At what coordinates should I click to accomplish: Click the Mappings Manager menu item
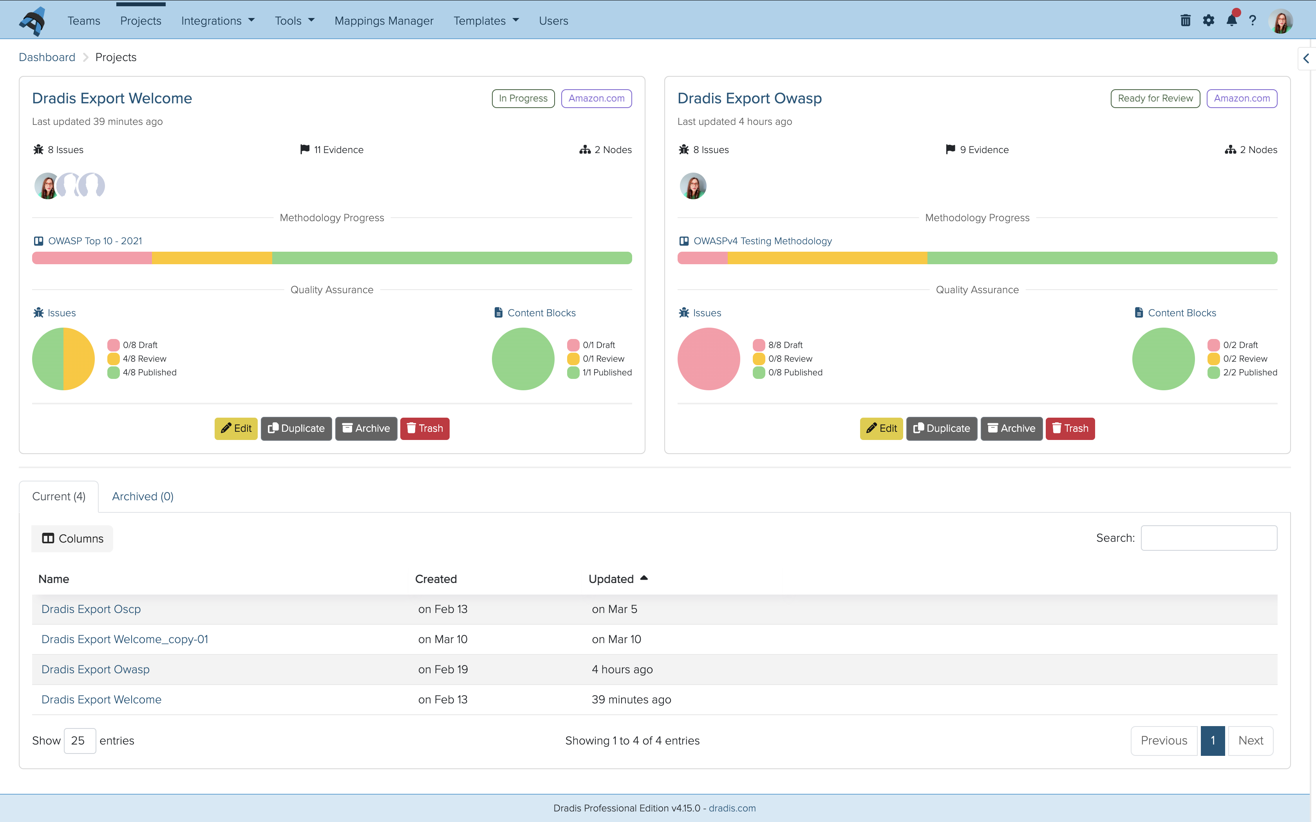pos(384,21)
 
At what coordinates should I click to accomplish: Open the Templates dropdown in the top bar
pos(486,21)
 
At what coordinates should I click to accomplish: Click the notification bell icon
pos(1231,21)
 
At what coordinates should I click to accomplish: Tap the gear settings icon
pos(1208,21)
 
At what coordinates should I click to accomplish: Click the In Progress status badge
pos(522,98)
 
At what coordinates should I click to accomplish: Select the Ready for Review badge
pos(1155,98)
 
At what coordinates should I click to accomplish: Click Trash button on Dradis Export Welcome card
pos(425,428)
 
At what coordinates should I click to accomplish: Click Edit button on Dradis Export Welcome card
pos(236,428)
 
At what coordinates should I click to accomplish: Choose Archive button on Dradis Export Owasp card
pos(1011,428)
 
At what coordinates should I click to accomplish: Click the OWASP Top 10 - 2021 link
pos(95,241)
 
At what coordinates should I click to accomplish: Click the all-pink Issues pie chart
pos(708,359)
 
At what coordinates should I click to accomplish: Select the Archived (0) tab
pos(143,496)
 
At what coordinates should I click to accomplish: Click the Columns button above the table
pos(72,539)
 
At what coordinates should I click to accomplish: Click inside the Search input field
pos(1208,538)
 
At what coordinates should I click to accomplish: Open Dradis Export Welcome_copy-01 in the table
pos(125,639)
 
